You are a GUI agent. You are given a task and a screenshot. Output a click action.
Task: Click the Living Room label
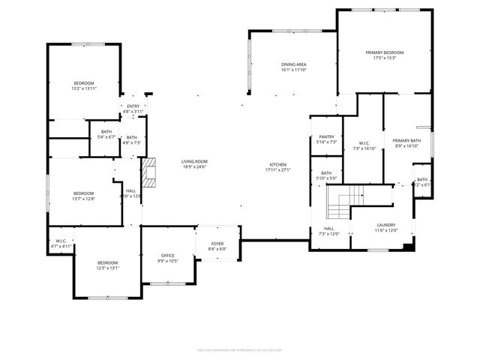click(x=193, y=161)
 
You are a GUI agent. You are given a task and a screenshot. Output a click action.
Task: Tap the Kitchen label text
click(x=277, y=164)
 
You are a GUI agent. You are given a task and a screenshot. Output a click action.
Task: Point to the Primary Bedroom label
click(x=384, y=52)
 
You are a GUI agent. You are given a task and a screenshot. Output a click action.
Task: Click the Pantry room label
click(x=326, y=137)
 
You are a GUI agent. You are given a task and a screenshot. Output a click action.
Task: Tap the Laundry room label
click(x=386, y=225)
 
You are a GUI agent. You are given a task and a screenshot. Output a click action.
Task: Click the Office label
click(x=168, y=256)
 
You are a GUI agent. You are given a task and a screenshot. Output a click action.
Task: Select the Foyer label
click(x=217, y=244)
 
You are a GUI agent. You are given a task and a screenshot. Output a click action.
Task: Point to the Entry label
click(x=133, y=106)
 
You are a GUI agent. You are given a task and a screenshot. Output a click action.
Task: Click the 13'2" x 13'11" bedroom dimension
click(x=83, y=88)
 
